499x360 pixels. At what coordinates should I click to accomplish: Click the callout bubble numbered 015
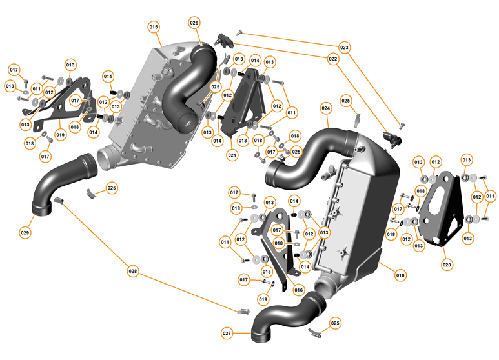(x=154, y=28)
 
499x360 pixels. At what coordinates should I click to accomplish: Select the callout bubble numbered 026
(x=194, y=23)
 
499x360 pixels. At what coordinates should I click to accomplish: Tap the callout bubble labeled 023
(x=344, y=47)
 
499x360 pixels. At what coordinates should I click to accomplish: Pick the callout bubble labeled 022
(x=333, y=59)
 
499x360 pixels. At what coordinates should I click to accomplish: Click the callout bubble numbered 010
(x=400, y=275)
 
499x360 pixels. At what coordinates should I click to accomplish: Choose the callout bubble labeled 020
(x=447, y=264)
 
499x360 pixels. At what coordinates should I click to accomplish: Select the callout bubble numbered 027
(x=227, y=334)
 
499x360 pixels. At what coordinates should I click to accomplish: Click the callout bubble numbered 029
(x=25, y=232)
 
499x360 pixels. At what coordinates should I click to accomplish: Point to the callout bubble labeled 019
(x=60, y=135)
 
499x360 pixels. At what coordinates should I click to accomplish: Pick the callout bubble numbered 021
(x=232, y=155)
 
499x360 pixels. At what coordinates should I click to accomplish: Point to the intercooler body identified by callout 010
(x=362, y=213)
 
